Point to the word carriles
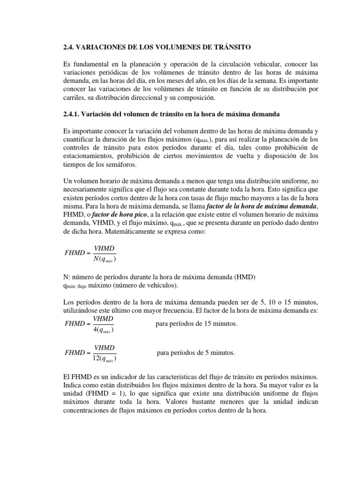click(73, 97)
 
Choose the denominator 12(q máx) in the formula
click(104, 360)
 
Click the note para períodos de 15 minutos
click(196, 324)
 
